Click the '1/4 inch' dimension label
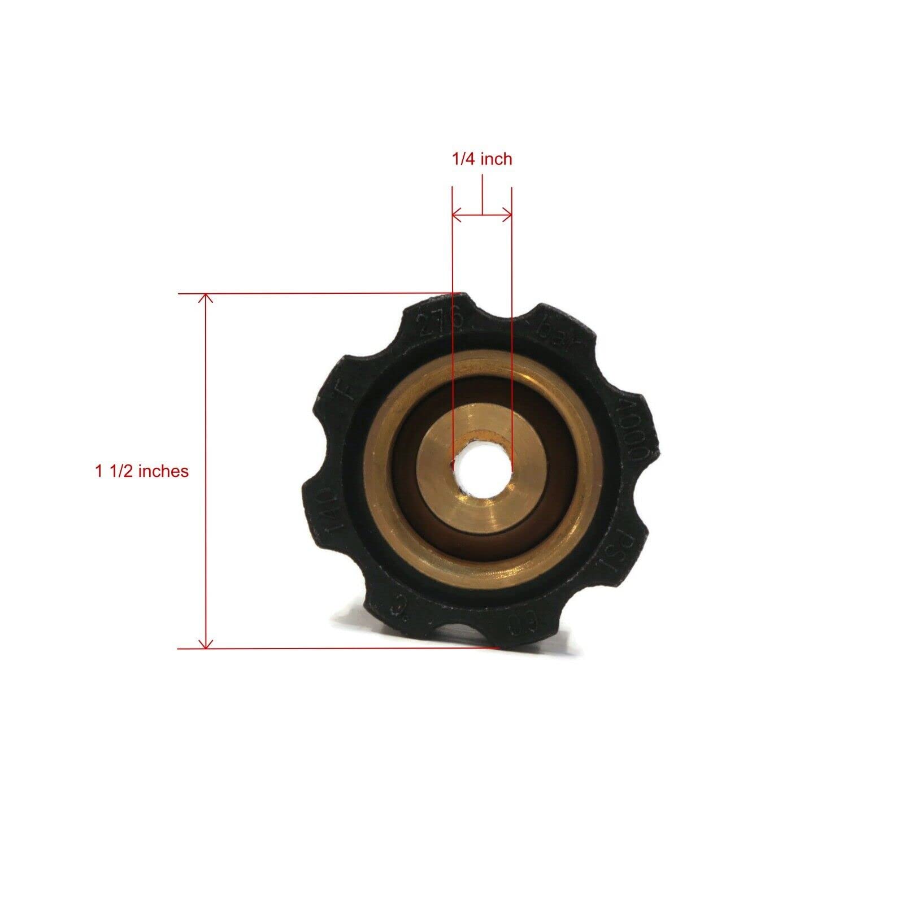tap(481, 159)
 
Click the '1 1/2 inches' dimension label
tap(141, 471)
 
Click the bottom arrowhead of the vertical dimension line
tap(207, 645)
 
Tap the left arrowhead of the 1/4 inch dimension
tap(455, 214)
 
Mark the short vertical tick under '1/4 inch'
tap(482, 195)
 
